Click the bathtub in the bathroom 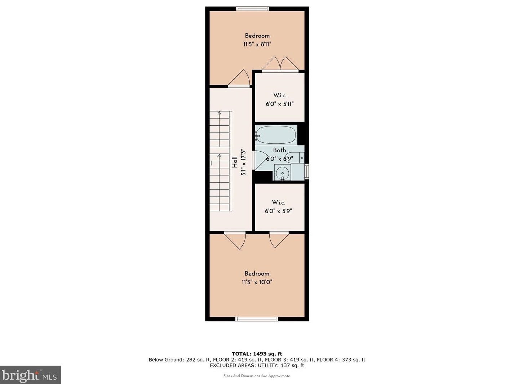pyautogui.click(x=276, y=135)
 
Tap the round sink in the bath pyautogui.click(x=282, y=173)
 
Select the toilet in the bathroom pyautogui.click(x=295, y=158)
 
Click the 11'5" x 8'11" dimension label pyautogui.click(x=257, y=44)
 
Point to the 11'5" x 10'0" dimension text pyautogui.click(x=257, y=282)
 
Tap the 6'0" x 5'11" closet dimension pyautogui.click(x=280, y=104)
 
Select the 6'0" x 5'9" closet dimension pyautogui.click(x=278, y=211)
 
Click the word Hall pyautogui.click(x=235, y=162)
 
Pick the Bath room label pyautogui.click(x=279, y=150)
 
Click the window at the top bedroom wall pyautogui.click(x=252, y=9)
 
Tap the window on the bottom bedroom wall pyautogui.click(x=257, y=319)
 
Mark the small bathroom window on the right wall pyautogui.click(x=306, y=171)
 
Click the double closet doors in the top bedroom pyautogui.click(x=280, y=64)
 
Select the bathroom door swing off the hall pyautogui.click(x=260, y=160)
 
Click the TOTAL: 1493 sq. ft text pyautogui.click(x=257, y=354)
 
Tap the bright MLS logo pyautogui.click(x=30, y=375)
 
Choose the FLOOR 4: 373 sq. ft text pyautogui.click(x=341, y=360)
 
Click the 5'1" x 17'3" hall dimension pyautogui.click(x=243, y=163)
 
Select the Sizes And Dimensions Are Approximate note pyautogui.click(x=257, y=376)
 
